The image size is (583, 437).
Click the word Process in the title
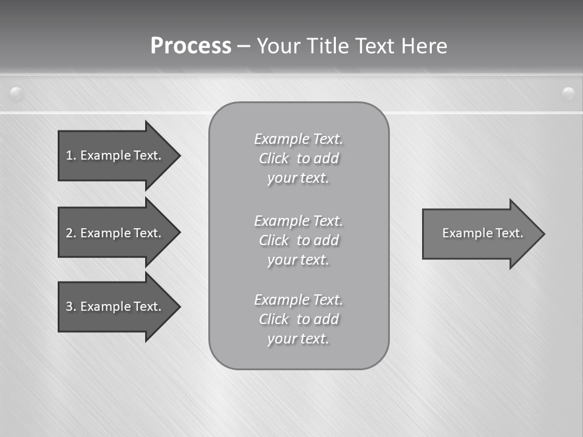[x=191, y=46]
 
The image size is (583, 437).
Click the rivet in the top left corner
[x=16, y=93]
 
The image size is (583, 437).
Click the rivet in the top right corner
[x=568, y=93]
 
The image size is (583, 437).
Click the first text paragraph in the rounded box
[x=298, y=158]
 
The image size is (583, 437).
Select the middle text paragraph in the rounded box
[x=298, y=240]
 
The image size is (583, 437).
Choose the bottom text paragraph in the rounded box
[x=298, y=319]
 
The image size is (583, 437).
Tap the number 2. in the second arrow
[x=71, y=233]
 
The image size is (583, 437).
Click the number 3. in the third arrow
[x=71, y=307]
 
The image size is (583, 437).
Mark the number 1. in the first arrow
[x=70, y=155]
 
